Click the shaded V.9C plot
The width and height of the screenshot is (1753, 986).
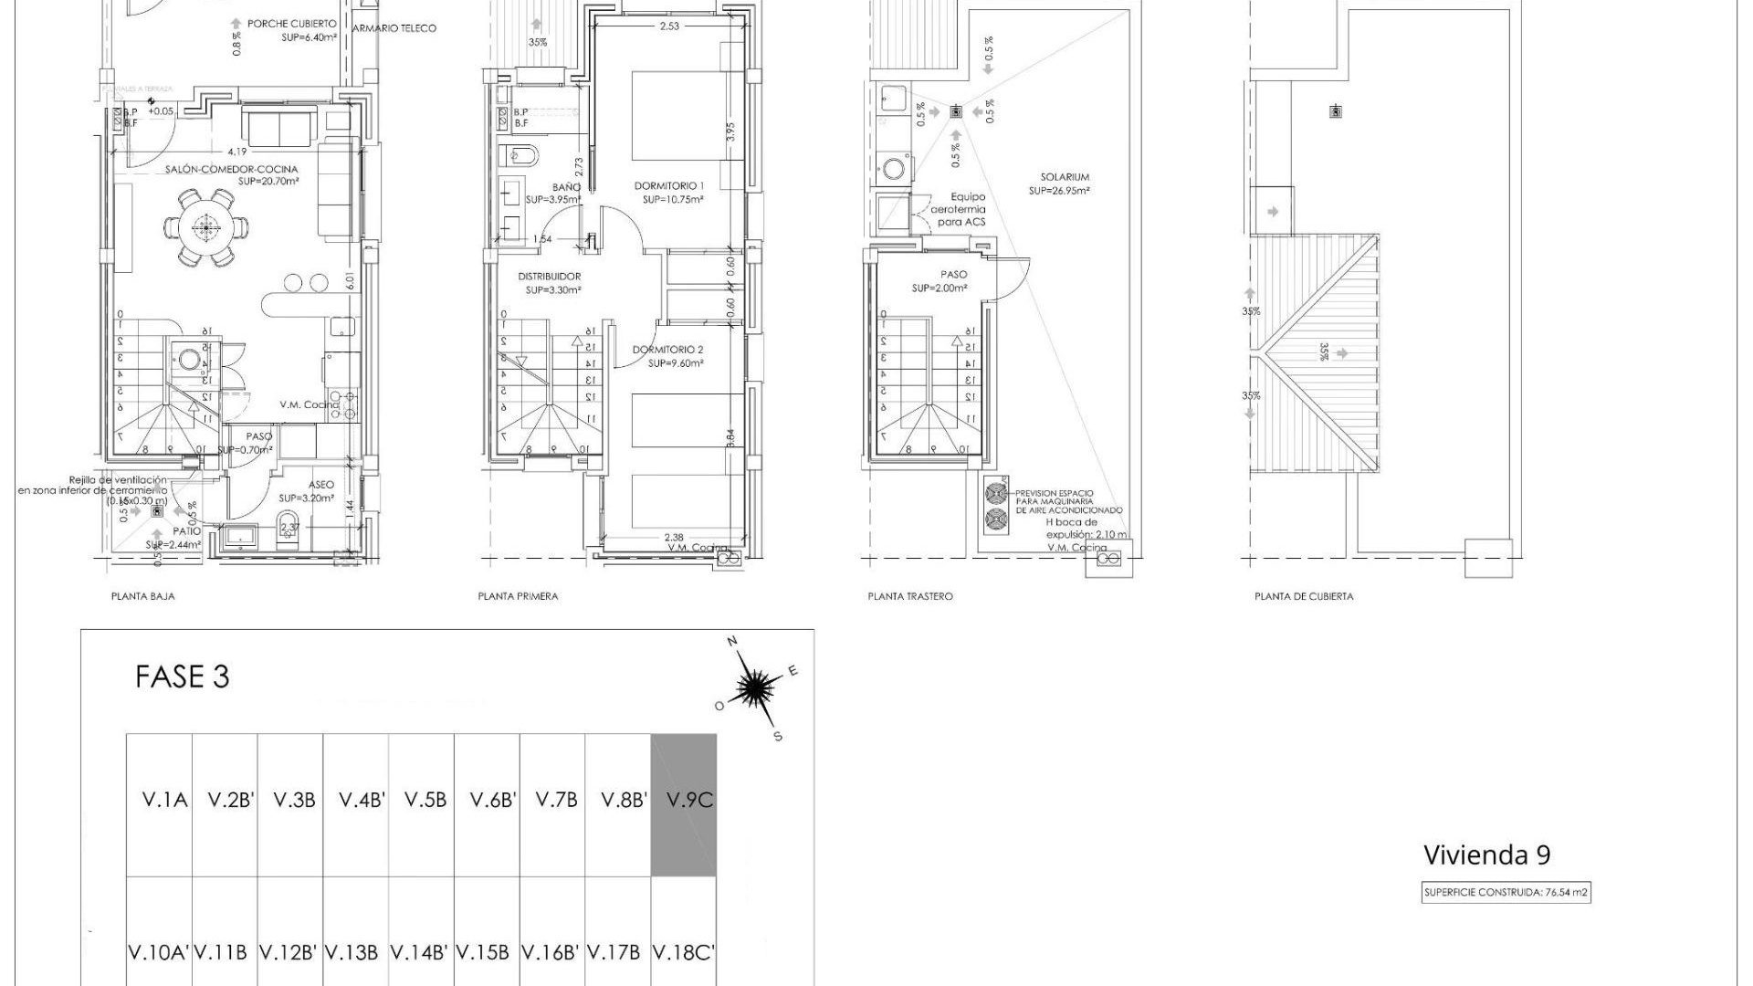[683, 803]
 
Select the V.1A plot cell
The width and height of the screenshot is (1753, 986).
[164, 801]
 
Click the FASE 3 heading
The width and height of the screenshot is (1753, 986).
[182, 677]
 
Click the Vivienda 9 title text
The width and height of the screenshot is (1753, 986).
[1486, 855]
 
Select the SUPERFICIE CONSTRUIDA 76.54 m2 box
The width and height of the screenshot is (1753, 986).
[1506, 893]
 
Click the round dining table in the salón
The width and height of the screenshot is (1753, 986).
[206, 227]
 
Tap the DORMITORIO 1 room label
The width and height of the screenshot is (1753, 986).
[669, 186]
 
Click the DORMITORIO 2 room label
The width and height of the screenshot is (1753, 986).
[668, 350]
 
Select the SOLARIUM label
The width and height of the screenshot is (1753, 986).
[1064, 177]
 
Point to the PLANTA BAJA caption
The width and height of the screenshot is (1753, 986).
[142, 596]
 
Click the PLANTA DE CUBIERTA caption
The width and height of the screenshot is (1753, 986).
[1303, 596]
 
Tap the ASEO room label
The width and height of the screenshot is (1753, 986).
[320, 485]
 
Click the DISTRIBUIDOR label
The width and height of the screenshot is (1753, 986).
[550, 276]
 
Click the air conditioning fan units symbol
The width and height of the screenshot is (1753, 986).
[995, 507]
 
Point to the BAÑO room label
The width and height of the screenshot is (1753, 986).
[566, 187]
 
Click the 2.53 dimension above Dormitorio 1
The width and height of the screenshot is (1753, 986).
[668, 26]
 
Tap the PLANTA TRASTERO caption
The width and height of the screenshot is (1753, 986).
[909, 596]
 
